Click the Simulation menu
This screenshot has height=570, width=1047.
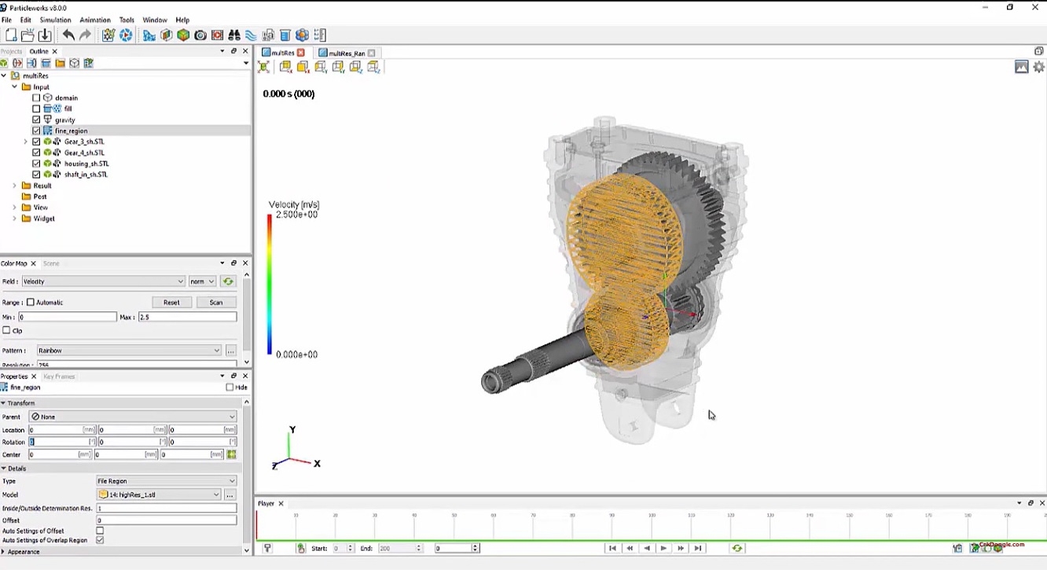click(55, 20)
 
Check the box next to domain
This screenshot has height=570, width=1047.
click(36, 98)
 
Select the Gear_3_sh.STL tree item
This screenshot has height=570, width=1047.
click(83, 142)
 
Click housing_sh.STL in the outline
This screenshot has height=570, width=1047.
click(86, 164)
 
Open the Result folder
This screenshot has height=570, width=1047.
click(42, 186)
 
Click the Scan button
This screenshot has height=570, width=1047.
click(215, 302)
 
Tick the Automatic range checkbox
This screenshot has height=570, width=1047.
click(31, 302)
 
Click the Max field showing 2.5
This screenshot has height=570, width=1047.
click(187, 317)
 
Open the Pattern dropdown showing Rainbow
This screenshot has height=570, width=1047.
click(129, 351)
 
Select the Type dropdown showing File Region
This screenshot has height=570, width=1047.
click(165, 481)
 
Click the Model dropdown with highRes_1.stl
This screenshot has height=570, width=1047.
click(158, 495)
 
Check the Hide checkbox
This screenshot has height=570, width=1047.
click(230, 388)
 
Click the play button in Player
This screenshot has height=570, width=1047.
click(663, 548)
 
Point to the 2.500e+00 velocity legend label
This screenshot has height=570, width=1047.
click(296, 215)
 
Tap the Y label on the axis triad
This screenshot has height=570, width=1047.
click(292, 430)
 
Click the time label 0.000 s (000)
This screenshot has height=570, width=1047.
click(288, 94)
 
